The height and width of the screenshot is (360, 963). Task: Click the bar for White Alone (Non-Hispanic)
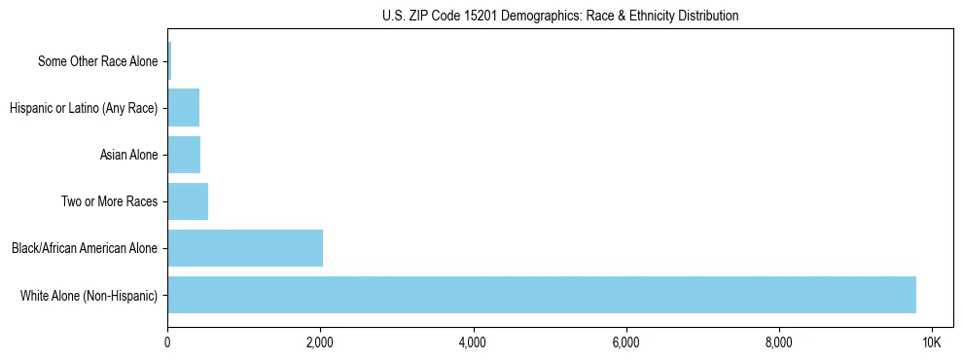541,295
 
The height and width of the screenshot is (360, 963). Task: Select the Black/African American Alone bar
245,248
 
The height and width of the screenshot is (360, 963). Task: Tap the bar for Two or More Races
188,201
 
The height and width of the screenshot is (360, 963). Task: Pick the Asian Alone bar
184,155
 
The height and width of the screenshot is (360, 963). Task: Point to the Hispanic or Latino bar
183,108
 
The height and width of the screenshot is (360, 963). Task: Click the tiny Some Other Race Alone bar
169,61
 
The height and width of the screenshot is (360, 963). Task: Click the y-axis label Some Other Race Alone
97,61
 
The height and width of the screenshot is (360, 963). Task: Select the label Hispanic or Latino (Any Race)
84,108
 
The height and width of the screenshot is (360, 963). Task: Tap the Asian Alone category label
128,155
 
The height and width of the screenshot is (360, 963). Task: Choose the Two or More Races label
114,201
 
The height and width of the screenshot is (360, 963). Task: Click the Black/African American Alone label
85,248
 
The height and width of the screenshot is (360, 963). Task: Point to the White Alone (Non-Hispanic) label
89,295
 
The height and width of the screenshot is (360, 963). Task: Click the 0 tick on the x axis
167,342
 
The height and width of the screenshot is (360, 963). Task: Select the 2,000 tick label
320,342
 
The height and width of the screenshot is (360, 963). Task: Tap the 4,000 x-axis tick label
473,342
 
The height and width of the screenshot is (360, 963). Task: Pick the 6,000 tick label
625,342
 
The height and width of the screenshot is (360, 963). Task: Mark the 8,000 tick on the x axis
778,342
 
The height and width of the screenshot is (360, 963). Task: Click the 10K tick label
931,342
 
